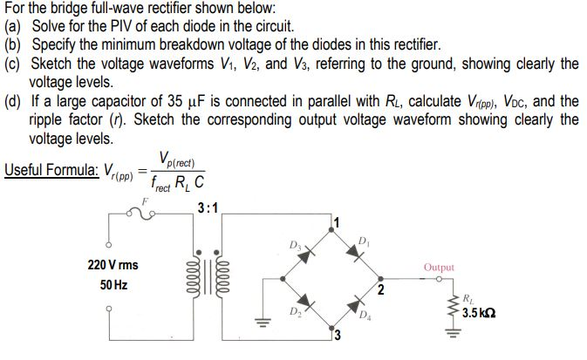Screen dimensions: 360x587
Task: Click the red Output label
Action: pos(438,268)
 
